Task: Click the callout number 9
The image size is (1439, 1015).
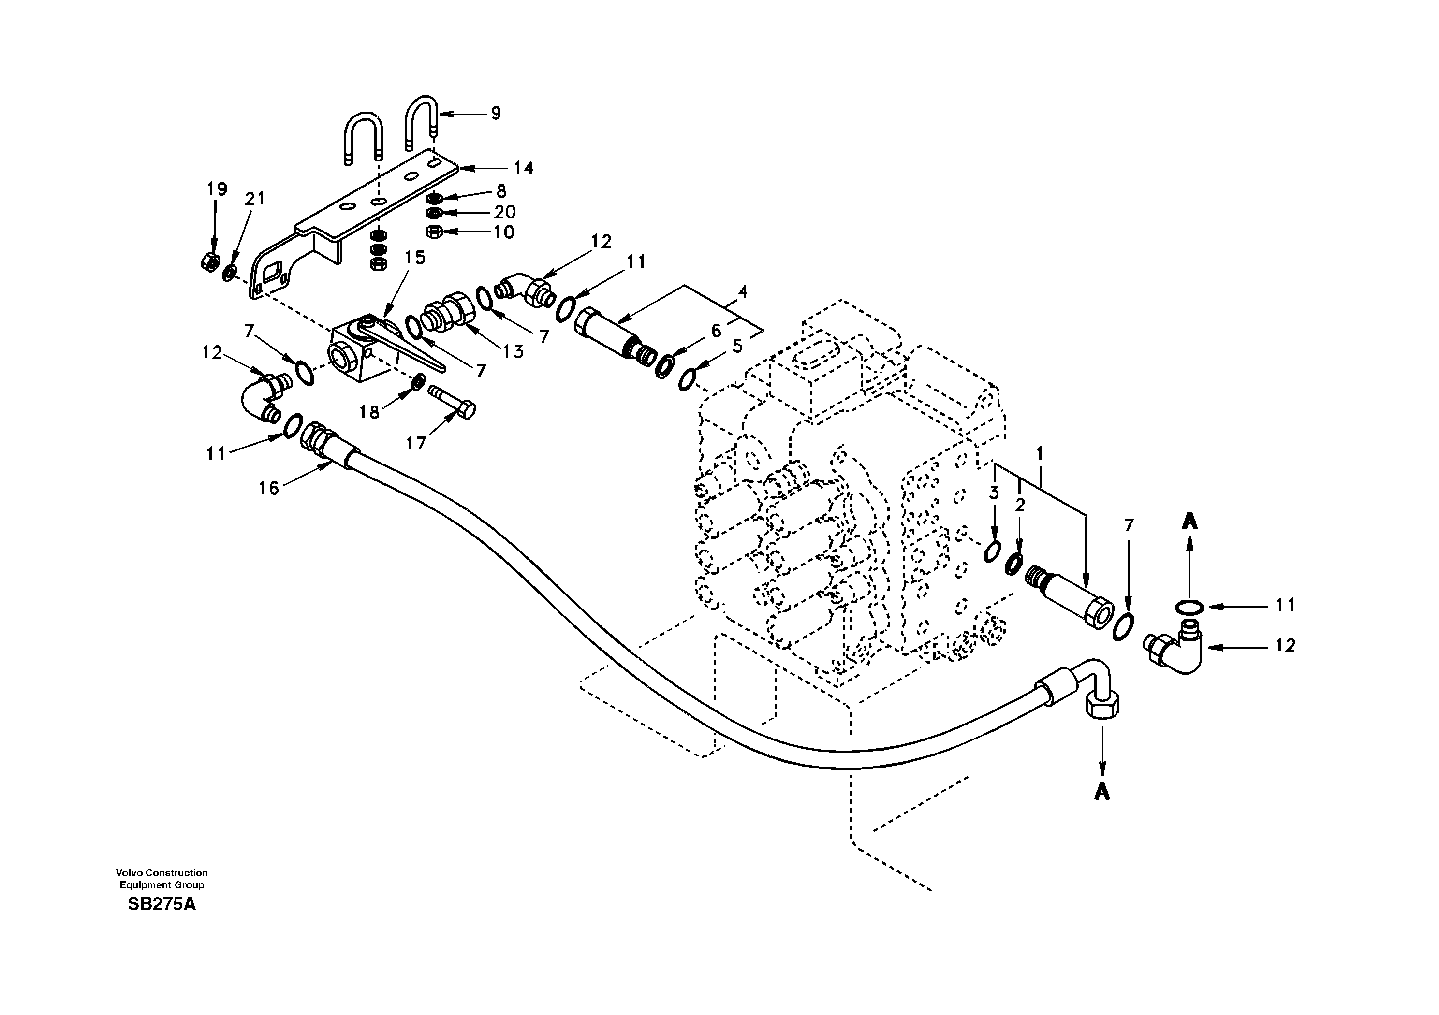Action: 496,114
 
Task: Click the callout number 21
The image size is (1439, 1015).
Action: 254,199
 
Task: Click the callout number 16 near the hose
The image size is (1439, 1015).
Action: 269,488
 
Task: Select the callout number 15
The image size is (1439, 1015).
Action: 415,258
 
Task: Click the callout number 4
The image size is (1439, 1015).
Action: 743,291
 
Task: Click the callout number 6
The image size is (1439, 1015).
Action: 716,331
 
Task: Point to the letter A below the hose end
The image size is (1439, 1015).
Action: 1102,793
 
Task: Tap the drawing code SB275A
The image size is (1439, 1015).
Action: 162,905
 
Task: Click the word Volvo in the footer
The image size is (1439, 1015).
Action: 128,873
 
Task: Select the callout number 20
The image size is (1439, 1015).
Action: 504,212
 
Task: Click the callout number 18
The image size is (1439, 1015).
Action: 369,412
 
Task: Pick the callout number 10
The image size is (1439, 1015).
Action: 504,232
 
